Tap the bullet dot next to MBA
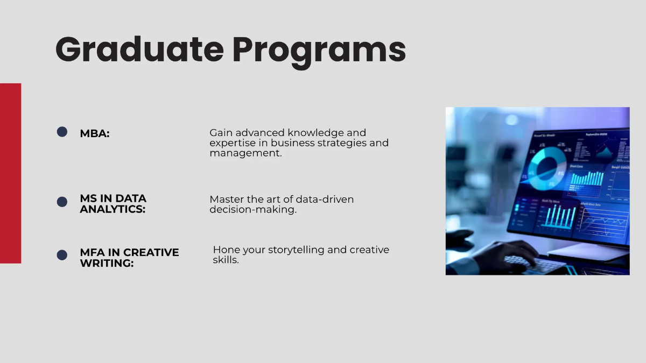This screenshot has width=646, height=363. [62, 132]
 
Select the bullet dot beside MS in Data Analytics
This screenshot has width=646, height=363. [62, 202]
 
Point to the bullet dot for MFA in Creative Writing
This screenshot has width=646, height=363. [62, 255]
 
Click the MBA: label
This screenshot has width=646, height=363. [95, 134]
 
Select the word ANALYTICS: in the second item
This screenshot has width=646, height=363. [113, 209]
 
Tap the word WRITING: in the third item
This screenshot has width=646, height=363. [107, 264]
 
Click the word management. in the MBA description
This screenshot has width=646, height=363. [245, 153]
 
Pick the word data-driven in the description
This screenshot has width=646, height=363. [325, 200]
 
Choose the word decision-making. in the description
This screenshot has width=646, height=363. [253, 210]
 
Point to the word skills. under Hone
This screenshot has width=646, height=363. [226, 260]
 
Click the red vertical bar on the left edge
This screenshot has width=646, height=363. [10, 173]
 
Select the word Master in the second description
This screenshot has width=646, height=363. [227, 200]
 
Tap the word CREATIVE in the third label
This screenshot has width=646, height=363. [151, 253]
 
